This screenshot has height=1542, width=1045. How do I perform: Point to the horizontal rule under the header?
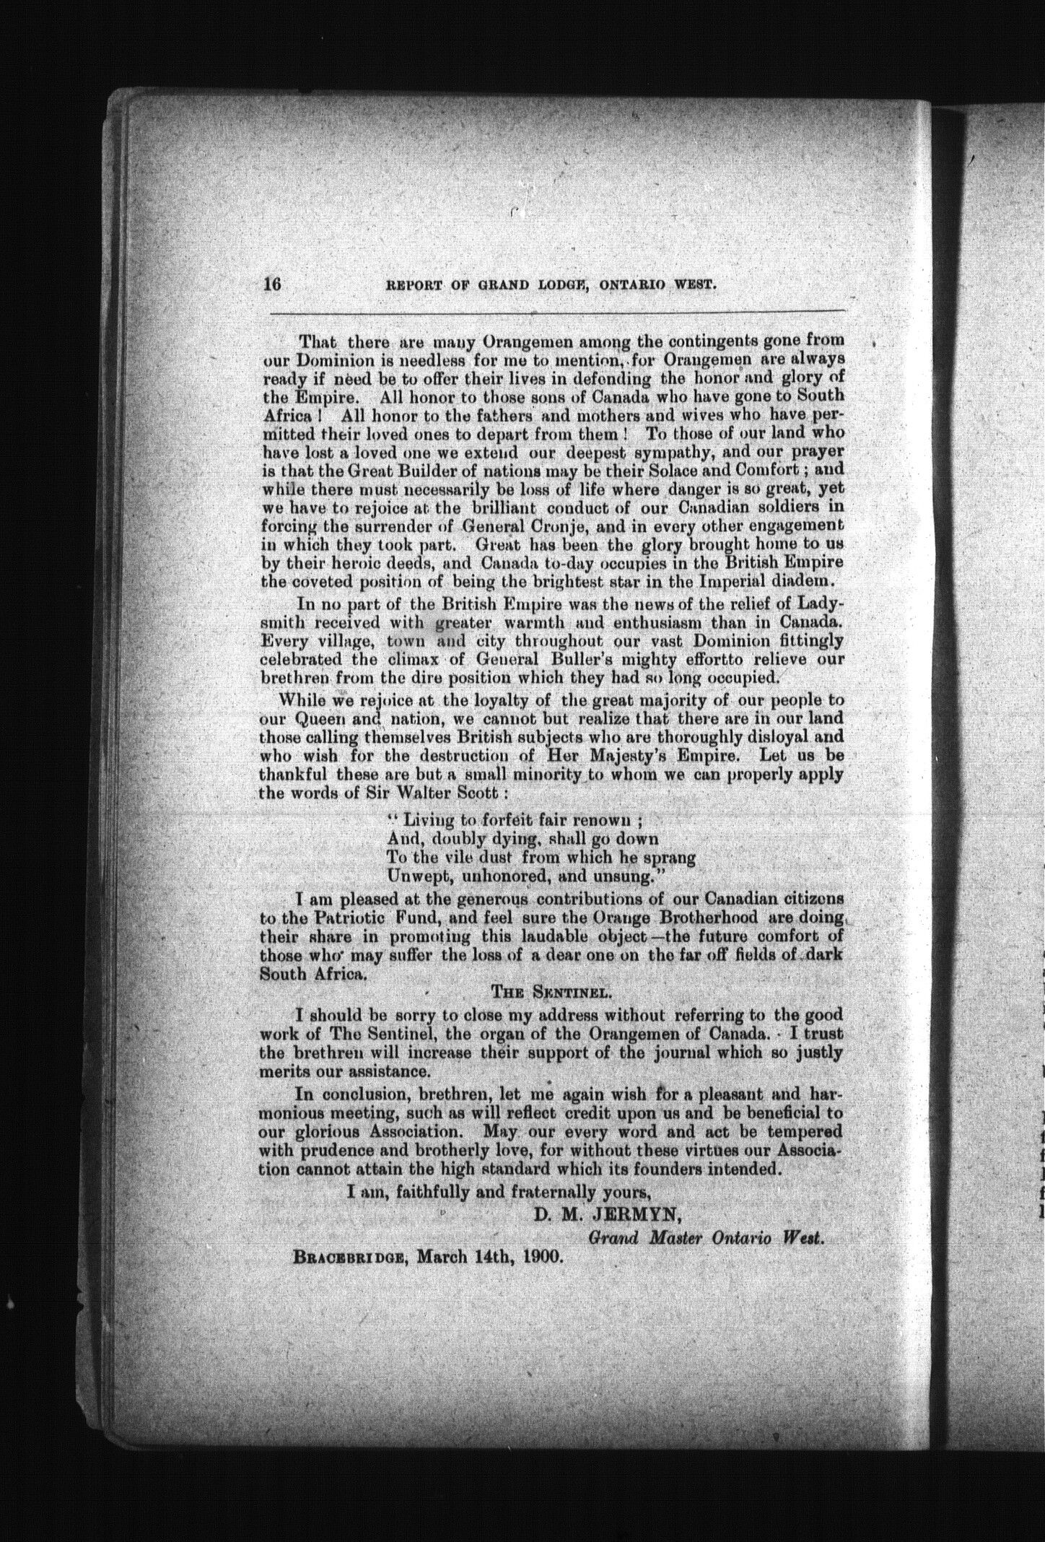pos(556,312)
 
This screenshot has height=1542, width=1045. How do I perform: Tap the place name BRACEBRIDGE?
pos(346,1257)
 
